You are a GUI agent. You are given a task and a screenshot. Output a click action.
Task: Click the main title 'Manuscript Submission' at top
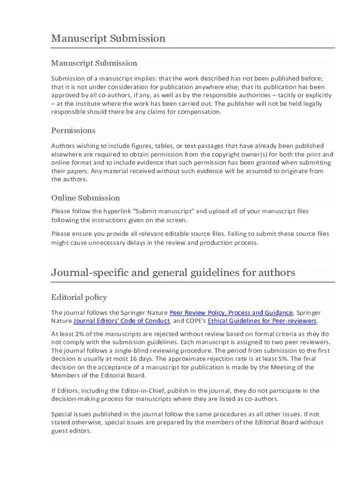point(108,38)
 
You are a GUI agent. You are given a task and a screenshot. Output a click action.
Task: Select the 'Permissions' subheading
point(73,131)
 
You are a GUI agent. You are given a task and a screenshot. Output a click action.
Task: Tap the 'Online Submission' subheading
point(86,198)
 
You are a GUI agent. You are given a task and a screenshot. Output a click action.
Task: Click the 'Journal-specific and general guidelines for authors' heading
point(173,273)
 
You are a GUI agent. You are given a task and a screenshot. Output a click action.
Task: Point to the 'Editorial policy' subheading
point(79,298)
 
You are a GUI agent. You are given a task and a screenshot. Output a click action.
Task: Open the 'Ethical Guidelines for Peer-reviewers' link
point(262,321)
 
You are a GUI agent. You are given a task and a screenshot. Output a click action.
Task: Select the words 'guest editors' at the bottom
point(71,431)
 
